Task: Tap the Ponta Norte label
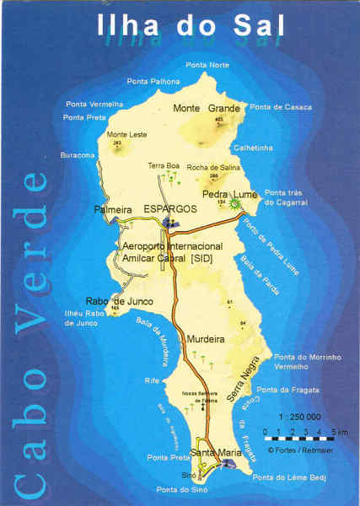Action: pos(207,65)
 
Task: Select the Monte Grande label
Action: pos(207,108)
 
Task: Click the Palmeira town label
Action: pos(111,208)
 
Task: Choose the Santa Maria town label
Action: pos(216,453)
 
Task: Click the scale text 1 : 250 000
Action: pos(300,417)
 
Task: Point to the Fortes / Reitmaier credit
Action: pos(296,449)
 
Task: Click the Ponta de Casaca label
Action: pos(281,107)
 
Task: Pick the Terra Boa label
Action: pos(164,165)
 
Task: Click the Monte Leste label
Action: pos(126,134)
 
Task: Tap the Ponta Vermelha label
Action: pos(90,104)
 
